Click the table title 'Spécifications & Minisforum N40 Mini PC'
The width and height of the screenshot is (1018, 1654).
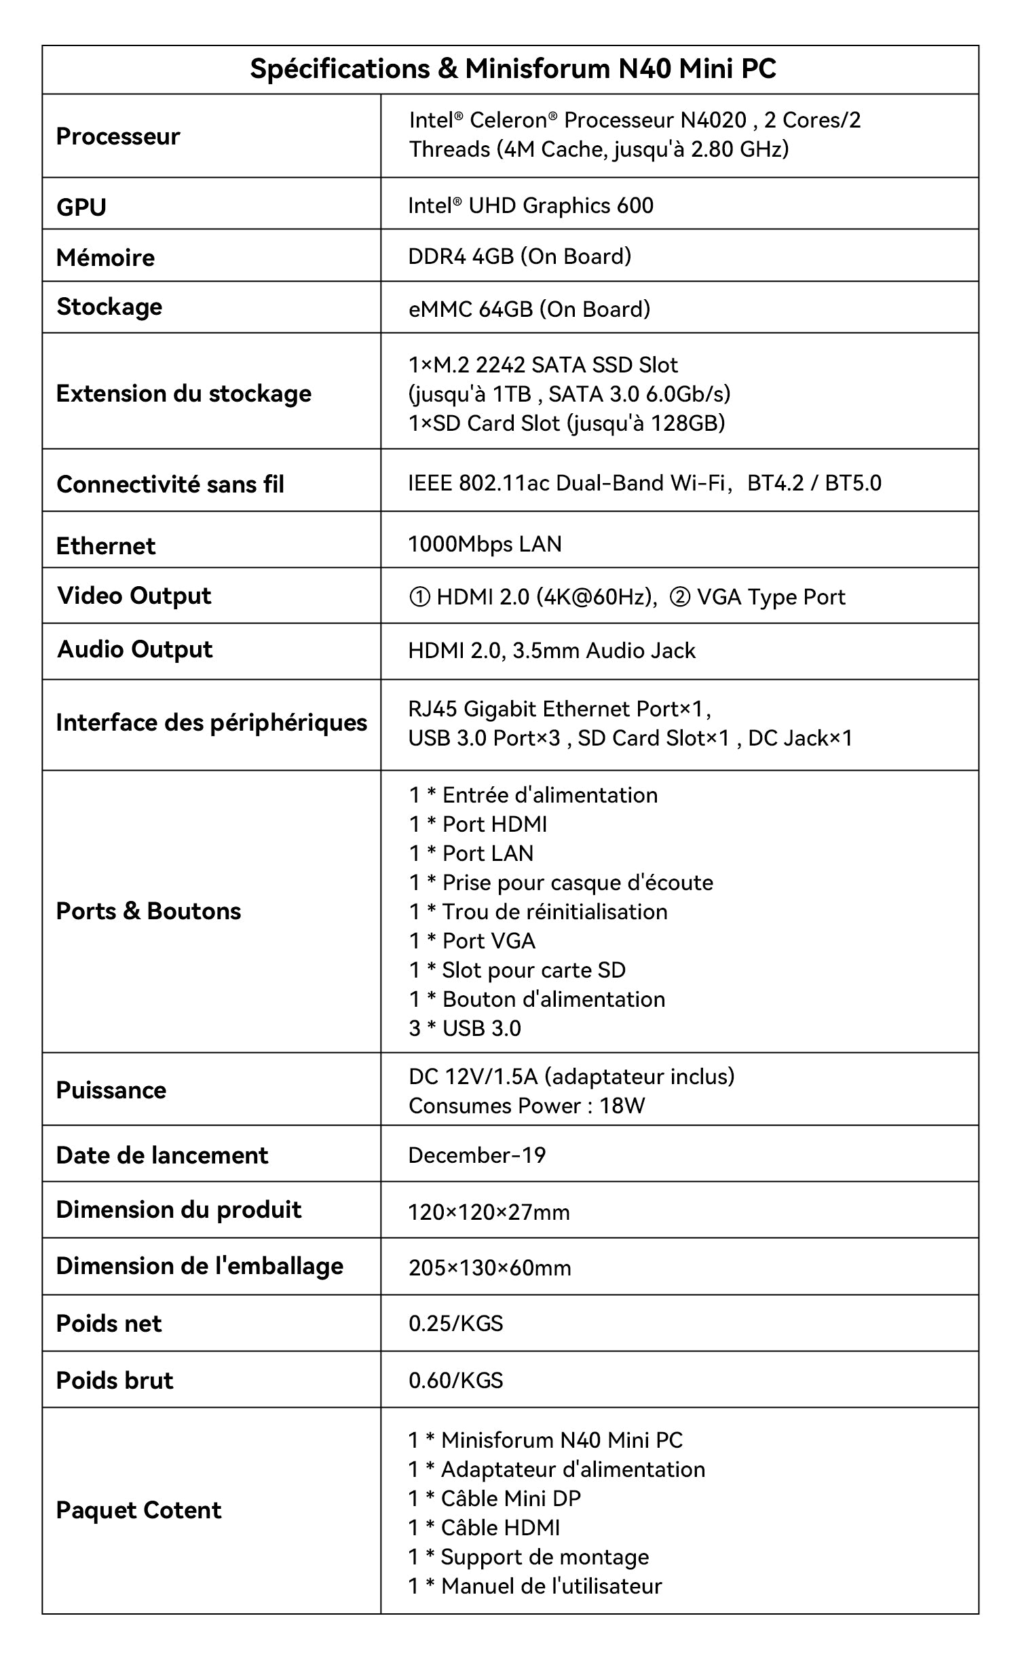[512, 69]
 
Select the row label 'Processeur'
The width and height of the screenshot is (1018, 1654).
[117, 136]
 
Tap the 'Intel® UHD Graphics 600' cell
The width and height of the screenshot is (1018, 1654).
[531, 206]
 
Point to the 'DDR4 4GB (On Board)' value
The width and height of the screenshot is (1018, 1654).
[519, 256]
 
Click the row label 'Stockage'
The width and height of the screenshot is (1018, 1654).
[109, 307]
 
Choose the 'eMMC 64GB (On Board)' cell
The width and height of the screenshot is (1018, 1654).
[529, 309]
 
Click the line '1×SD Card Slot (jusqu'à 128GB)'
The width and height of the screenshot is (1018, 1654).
[566, 423]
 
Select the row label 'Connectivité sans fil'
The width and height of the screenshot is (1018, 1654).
[170, 484]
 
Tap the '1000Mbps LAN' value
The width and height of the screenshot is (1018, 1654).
[485, 544]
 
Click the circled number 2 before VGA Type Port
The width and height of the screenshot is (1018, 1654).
[679, 597]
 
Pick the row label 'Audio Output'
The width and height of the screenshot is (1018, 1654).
[134, 649]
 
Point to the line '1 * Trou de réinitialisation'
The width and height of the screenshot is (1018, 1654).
[538, 912]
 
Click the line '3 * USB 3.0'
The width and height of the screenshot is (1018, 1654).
[465, 1028]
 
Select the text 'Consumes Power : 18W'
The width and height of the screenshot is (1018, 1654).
[526, 1106]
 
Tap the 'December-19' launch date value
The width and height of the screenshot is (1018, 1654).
[476, 1155]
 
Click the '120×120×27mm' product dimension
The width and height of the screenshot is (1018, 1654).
[489, 1212]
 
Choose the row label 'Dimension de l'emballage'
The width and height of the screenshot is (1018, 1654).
[200, 1267]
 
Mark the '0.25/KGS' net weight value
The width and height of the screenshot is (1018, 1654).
[455, 1324]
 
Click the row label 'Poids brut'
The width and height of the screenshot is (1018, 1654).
[115, 1381]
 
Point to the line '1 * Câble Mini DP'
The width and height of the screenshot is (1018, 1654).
[494, 1499]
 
